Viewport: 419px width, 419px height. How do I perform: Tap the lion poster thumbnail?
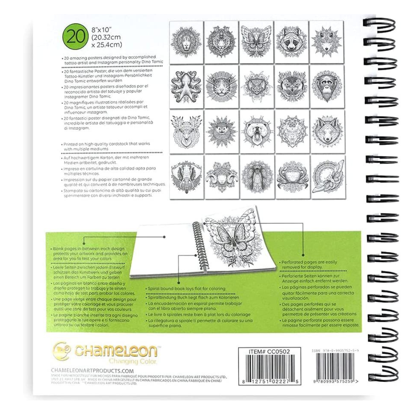pos(185,42)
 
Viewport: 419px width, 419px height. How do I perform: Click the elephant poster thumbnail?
pos(185,177)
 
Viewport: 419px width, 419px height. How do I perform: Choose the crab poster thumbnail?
pos(292,177)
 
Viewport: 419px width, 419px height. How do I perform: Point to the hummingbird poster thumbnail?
pos(327,177)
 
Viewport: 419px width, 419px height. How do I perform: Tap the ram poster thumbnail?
pos(221,177)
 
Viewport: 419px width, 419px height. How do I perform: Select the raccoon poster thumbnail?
pos(292,42)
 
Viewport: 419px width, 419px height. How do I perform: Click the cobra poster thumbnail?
pos(256,177)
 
